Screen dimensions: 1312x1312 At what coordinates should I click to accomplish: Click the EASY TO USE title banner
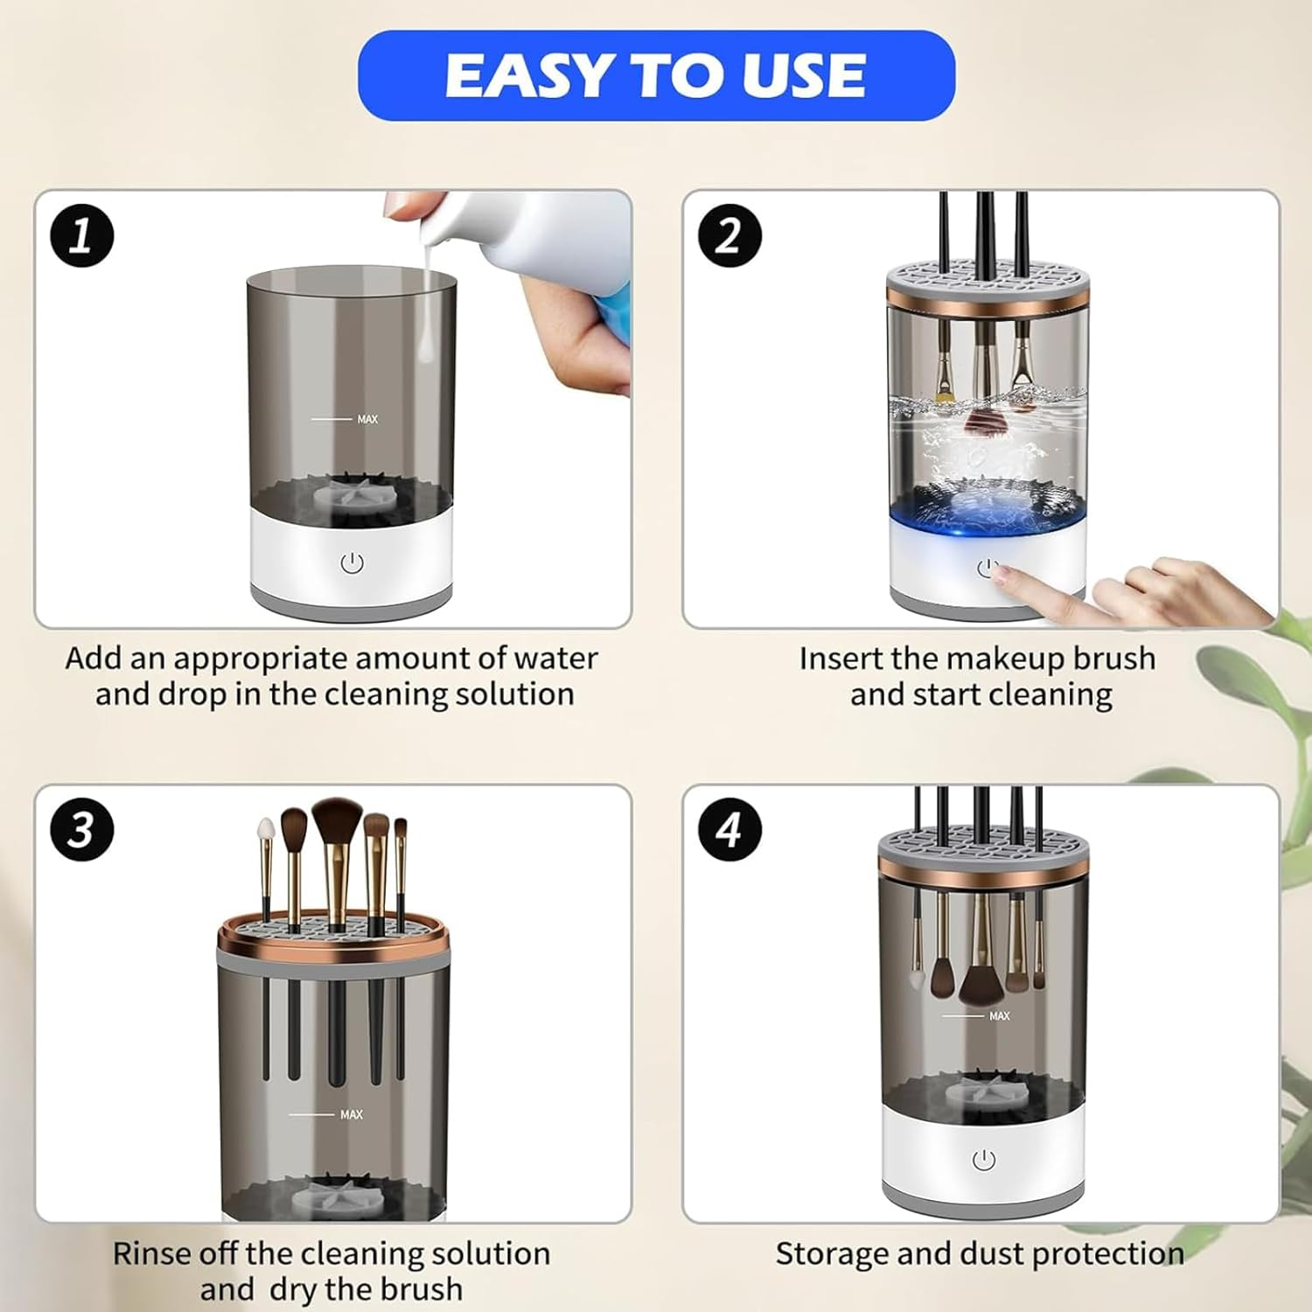pos(656,75)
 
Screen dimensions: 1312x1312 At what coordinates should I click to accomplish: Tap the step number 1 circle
pos(81,235)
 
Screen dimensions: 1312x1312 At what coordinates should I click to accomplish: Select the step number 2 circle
pos(729,235)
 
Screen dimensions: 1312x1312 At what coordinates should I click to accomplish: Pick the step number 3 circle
pos(81,829)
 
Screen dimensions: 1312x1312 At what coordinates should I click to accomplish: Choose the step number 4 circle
pos(729,829)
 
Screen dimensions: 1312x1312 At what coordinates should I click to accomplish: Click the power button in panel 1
pos(352,563)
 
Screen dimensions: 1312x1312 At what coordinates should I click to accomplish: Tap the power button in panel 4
pos(984,1160)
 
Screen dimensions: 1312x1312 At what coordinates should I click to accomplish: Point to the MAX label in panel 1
pos(367,420)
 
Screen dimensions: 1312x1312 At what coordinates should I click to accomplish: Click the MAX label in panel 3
pos(351,1114)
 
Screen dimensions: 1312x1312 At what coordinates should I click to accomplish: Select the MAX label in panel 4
pos(999,1015)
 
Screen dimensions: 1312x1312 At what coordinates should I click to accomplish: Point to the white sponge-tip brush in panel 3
pos(266,828)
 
